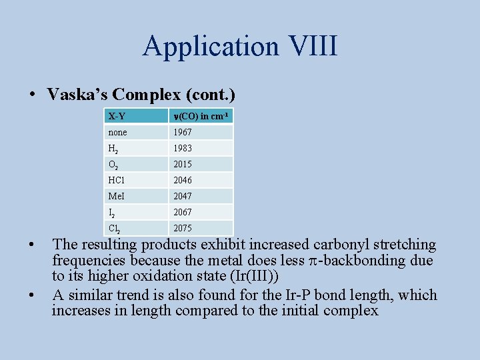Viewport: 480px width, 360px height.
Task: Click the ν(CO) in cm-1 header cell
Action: [x=201, y=116]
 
